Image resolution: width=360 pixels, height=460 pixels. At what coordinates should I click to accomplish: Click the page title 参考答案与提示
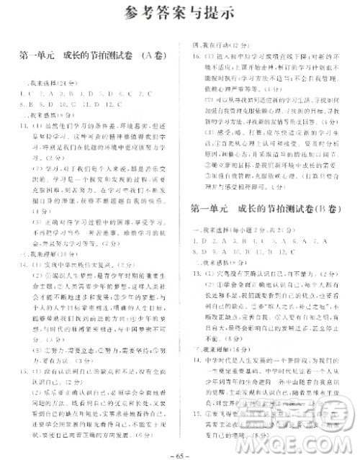pyautogui.click(x=179, y=13)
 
